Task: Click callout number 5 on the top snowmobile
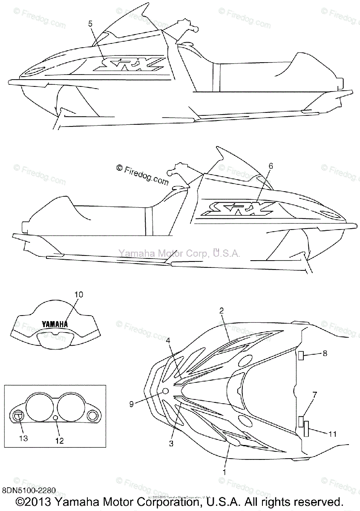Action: (90, 24)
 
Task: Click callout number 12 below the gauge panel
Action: (59, 441)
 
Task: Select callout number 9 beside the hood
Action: (132, 403)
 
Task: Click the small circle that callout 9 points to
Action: (166, 391)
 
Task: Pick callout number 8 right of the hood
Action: (325, 353)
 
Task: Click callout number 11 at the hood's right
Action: (332, 434)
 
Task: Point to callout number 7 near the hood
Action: (314, 395)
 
